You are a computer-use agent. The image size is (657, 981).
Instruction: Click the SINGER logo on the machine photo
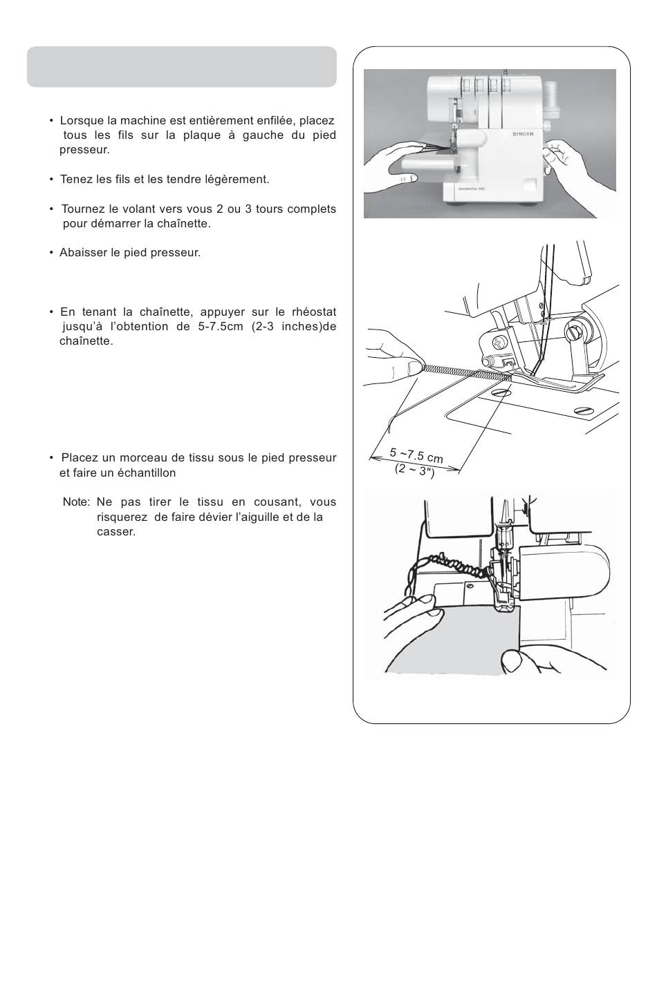click(524, 134)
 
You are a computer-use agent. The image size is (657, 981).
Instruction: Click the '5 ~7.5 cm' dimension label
click(416, 455)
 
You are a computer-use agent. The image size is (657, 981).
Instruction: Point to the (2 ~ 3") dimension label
click(414, 470)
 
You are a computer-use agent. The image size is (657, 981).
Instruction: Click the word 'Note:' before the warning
click(77, 502)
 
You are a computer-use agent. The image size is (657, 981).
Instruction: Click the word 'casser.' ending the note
click(116, 532)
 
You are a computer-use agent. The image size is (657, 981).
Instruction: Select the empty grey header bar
click(181, 66)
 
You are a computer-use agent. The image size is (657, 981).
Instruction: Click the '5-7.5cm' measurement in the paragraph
click(217, 327)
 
